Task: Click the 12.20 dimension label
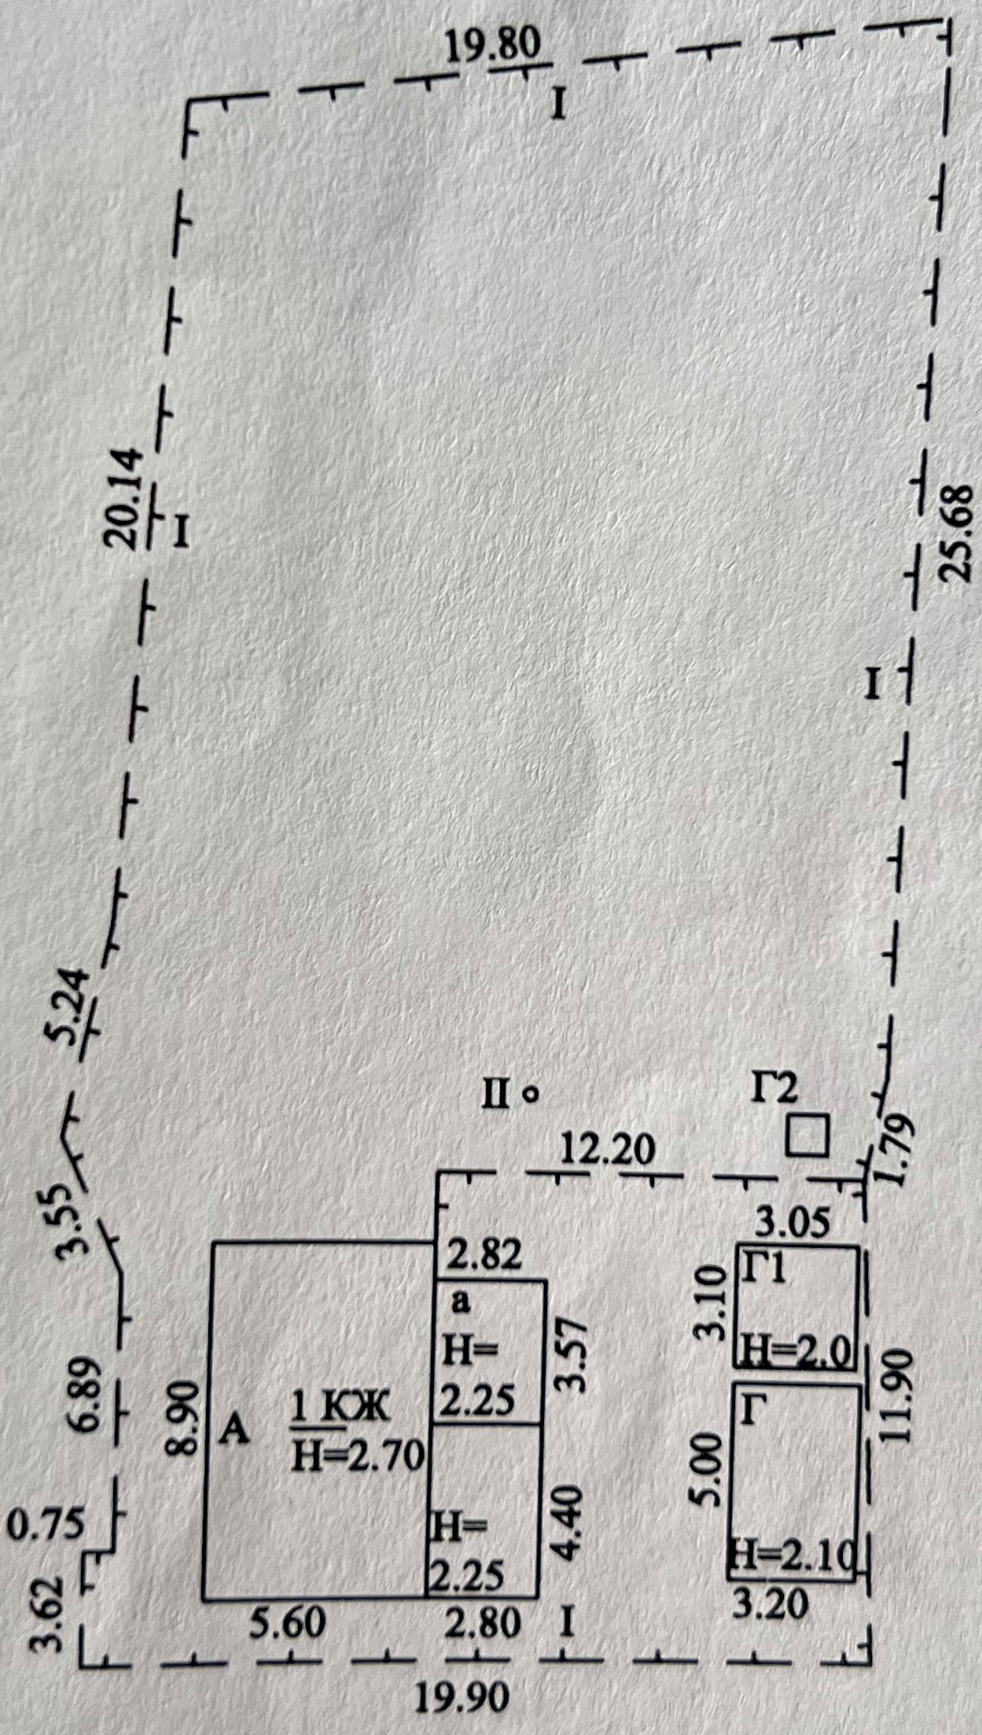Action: tap(607, 1150)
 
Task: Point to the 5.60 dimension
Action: tap(288, 1620)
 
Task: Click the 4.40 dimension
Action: tap(569, 1520)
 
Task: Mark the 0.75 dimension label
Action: tap(45, 1524)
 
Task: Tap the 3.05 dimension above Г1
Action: tap(793, 1222)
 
